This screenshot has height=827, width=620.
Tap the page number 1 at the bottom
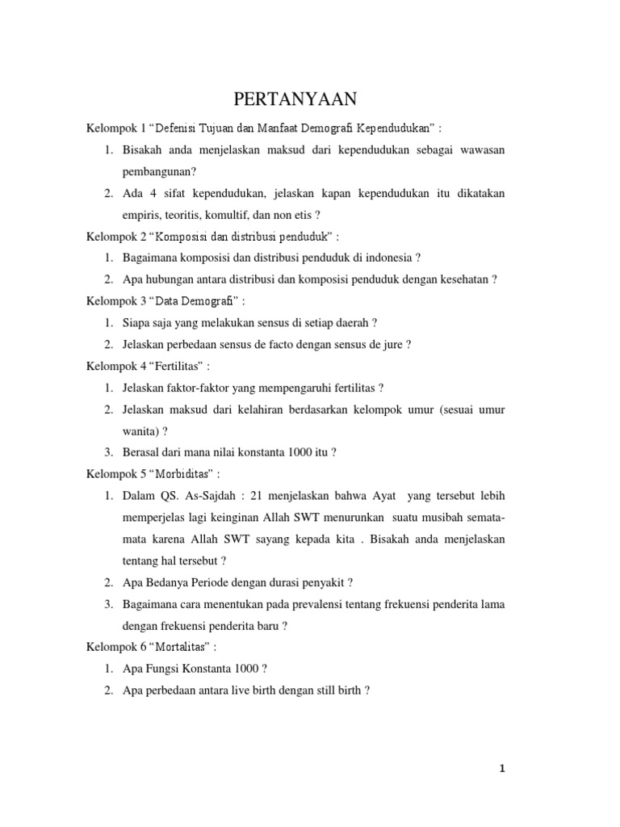tap(502, 769)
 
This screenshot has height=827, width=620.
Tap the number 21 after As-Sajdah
tap(258, 495)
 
